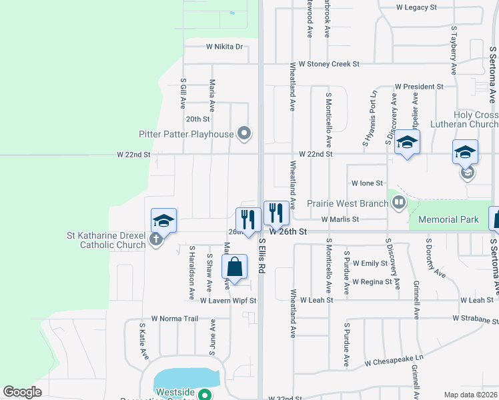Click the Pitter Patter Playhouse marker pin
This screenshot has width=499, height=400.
click(x=244, y=133)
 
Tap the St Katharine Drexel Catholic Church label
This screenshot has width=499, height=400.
click(x=106, y=240)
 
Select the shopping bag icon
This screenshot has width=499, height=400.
click(x=234, y=269)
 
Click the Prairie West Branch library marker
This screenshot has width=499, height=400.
click(x=399, y=202)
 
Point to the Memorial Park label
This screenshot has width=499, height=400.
click(x=448, y=219)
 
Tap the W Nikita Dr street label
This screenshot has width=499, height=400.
click(x=224, y=47)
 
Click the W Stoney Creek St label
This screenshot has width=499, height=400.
click(x=329, y=64)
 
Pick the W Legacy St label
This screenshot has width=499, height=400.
click(x=416, y=7)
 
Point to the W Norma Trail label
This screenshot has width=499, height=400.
click(x=175, y=318)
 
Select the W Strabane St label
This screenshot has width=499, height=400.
click(x=475, y=319)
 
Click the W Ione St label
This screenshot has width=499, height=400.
click(x=367, y=183)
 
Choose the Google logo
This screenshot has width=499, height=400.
click(x=22, y=392)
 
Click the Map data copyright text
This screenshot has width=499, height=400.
click(x=470, y=395)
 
